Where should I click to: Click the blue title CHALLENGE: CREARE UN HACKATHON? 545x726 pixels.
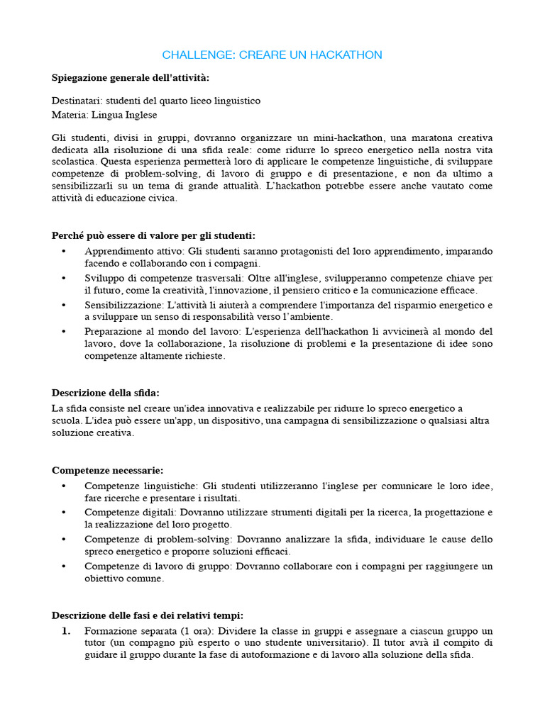[272, 55]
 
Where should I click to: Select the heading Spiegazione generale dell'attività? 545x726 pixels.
[131, 77]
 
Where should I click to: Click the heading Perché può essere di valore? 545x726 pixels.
[153, 235]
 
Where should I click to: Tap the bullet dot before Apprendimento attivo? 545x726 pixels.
[64, 252]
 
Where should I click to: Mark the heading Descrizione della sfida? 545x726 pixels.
[106, 392]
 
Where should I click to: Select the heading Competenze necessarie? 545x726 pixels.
[108, 470]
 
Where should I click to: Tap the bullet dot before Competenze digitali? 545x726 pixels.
[64, 513]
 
